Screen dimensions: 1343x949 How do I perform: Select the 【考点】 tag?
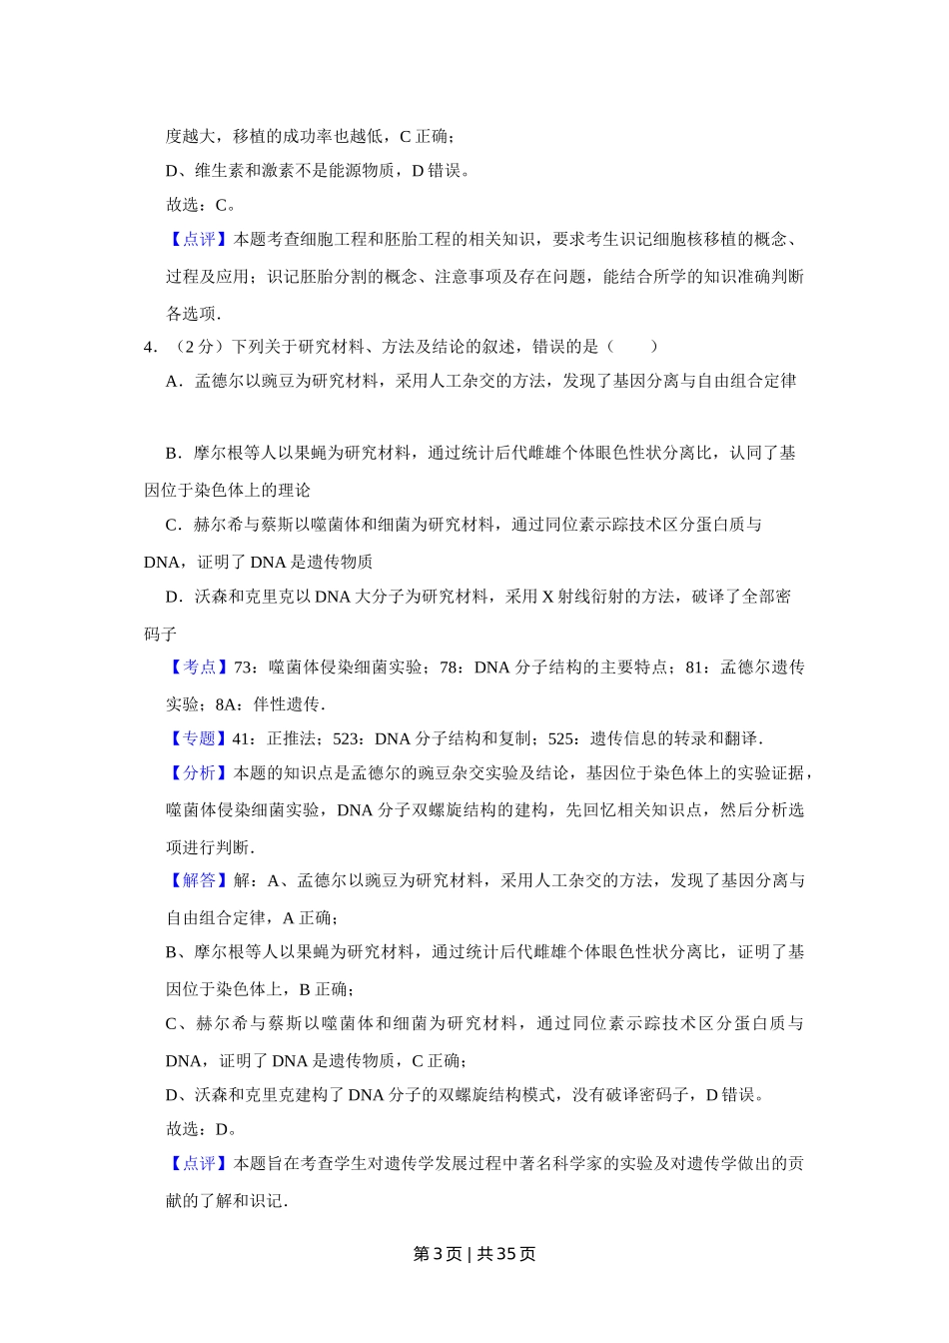(199, 668)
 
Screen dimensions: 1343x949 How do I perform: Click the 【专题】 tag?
(199, 739)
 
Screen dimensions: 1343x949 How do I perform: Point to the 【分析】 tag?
(199, 773)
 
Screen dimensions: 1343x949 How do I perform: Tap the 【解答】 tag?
(199, 881)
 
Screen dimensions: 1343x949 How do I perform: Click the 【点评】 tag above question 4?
(199, 240)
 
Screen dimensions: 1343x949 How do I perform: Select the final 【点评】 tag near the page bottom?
(199, 1164)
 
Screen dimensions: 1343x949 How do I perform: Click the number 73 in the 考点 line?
(242, 668)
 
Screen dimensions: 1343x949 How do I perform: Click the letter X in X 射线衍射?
(547, 598)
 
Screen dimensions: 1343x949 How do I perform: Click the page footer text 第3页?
(437, 1254)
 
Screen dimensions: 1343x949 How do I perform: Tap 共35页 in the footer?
(506, 1254)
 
